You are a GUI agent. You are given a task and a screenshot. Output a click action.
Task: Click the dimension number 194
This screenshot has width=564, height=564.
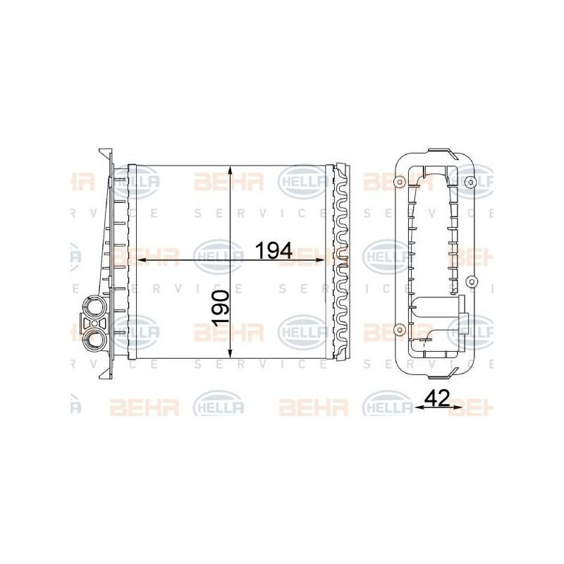[274, 251]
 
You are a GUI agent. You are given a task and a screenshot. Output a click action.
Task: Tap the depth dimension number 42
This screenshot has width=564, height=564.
[437, 398]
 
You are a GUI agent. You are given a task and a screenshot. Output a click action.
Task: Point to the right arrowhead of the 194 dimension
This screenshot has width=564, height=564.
[321, 260]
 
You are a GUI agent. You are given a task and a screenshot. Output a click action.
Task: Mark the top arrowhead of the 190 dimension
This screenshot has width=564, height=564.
[231, 170]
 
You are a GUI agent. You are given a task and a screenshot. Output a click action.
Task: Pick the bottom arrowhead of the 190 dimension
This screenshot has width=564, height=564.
[231, 354]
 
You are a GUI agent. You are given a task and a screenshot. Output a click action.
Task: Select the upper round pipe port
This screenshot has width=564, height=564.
[94, 306]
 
